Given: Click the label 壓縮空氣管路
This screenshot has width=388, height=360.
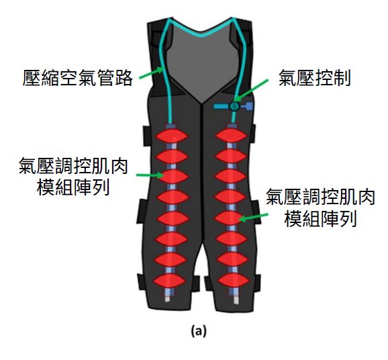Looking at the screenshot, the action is click(x=77, y=78).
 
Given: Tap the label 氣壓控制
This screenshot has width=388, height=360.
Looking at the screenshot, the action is click(x=315, y=78).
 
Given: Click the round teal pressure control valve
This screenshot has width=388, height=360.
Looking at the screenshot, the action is click(x=234, y=106).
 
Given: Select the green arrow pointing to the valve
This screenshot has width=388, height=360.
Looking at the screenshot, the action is click(x=251, y=90).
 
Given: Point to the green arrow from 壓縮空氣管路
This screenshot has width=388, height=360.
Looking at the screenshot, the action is click(x=152, y=73).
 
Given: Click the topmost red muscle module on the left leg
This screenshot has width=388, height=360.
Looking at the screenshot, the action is click(x=172, y=136).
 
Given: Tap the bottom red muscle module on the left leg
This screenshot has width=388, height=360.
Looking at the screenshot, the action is click(x=169, y=281).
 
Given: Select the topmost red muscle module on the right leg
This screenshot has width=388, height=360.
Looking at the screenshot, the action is click(x=231, y=136).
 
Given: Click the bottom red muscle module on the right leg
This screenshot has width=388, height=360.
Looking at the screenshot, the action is click(x=234, y=280).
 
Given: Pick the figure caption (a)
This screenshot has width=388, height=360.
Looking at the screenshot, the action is click(x=199, y=330).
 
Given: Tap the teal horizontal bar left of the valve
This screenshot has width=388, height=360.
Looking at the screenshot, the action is click(x=222, y=107).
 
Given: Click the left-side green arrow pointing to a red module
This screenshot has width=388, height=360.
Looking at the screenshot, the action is click(x=150, y=175).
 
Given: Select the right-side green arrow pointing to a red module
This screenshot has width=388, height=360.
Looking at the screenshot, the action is click(x=254, y=218).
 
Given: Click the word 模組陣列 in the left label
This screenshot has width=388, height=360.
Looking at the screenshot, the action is click(x=73, y=187).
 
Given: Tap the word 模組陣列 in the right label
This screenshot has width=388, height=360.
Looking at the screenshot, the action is click(x=321, y=219).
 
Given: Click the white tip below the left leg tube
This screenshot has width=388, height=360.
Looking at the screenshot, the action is click(x=168, y=299).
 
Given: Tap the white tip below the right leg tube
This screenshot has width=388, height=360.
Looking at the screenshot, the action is click(x=236, y=300).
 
